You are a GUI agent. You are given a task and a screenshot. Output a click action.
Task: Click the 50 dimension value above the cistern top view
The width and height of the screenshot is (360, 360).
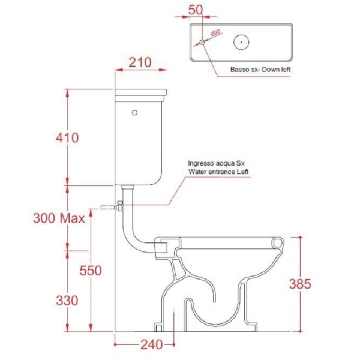point(196,10)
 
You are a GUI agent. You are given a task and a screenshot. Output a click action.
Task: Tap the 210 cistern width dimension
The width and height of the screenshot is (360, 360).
point(140,62)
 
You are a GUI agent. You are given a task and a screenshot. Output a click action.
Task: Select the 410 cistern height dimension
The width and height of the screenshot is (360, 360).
point(67,138)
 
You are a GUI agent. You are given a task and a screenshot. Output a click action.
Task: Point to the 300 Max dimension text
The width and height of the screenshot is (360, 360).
point(59,218)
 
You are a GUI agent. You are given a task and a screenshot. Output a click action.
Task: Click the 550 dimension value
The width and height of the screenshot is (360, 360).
point(91,270)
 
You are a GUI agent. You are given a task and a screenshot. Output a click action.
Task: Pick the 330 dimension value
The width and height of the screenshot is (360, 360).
point(67,301)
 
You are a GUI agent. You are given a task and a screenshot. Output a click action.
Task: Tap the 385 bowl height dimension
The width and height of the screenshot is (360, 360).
point(300,284)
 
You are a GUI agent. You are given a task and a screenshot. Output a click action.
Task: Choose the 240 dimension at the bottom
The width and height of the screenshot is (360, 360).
point(152,344)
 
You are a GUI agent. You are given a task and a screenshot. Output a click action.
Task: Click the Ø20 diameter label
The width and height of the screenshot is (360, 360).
point(215,32)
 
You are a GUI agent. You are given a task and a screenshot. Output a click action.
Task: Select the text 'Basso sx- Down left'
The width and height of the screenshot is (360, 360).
point(260,70)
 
